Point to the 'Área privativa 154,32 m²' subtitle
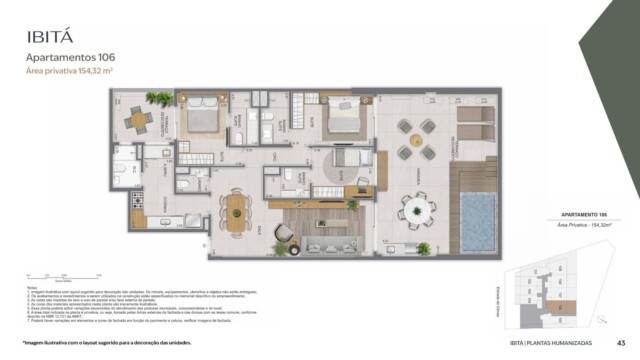tap(69, 73)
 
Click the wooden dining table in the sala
tap(237, 210)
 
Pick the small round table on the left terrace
tap(138, 119)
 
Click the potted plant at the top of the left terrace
tap(158, 98)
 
